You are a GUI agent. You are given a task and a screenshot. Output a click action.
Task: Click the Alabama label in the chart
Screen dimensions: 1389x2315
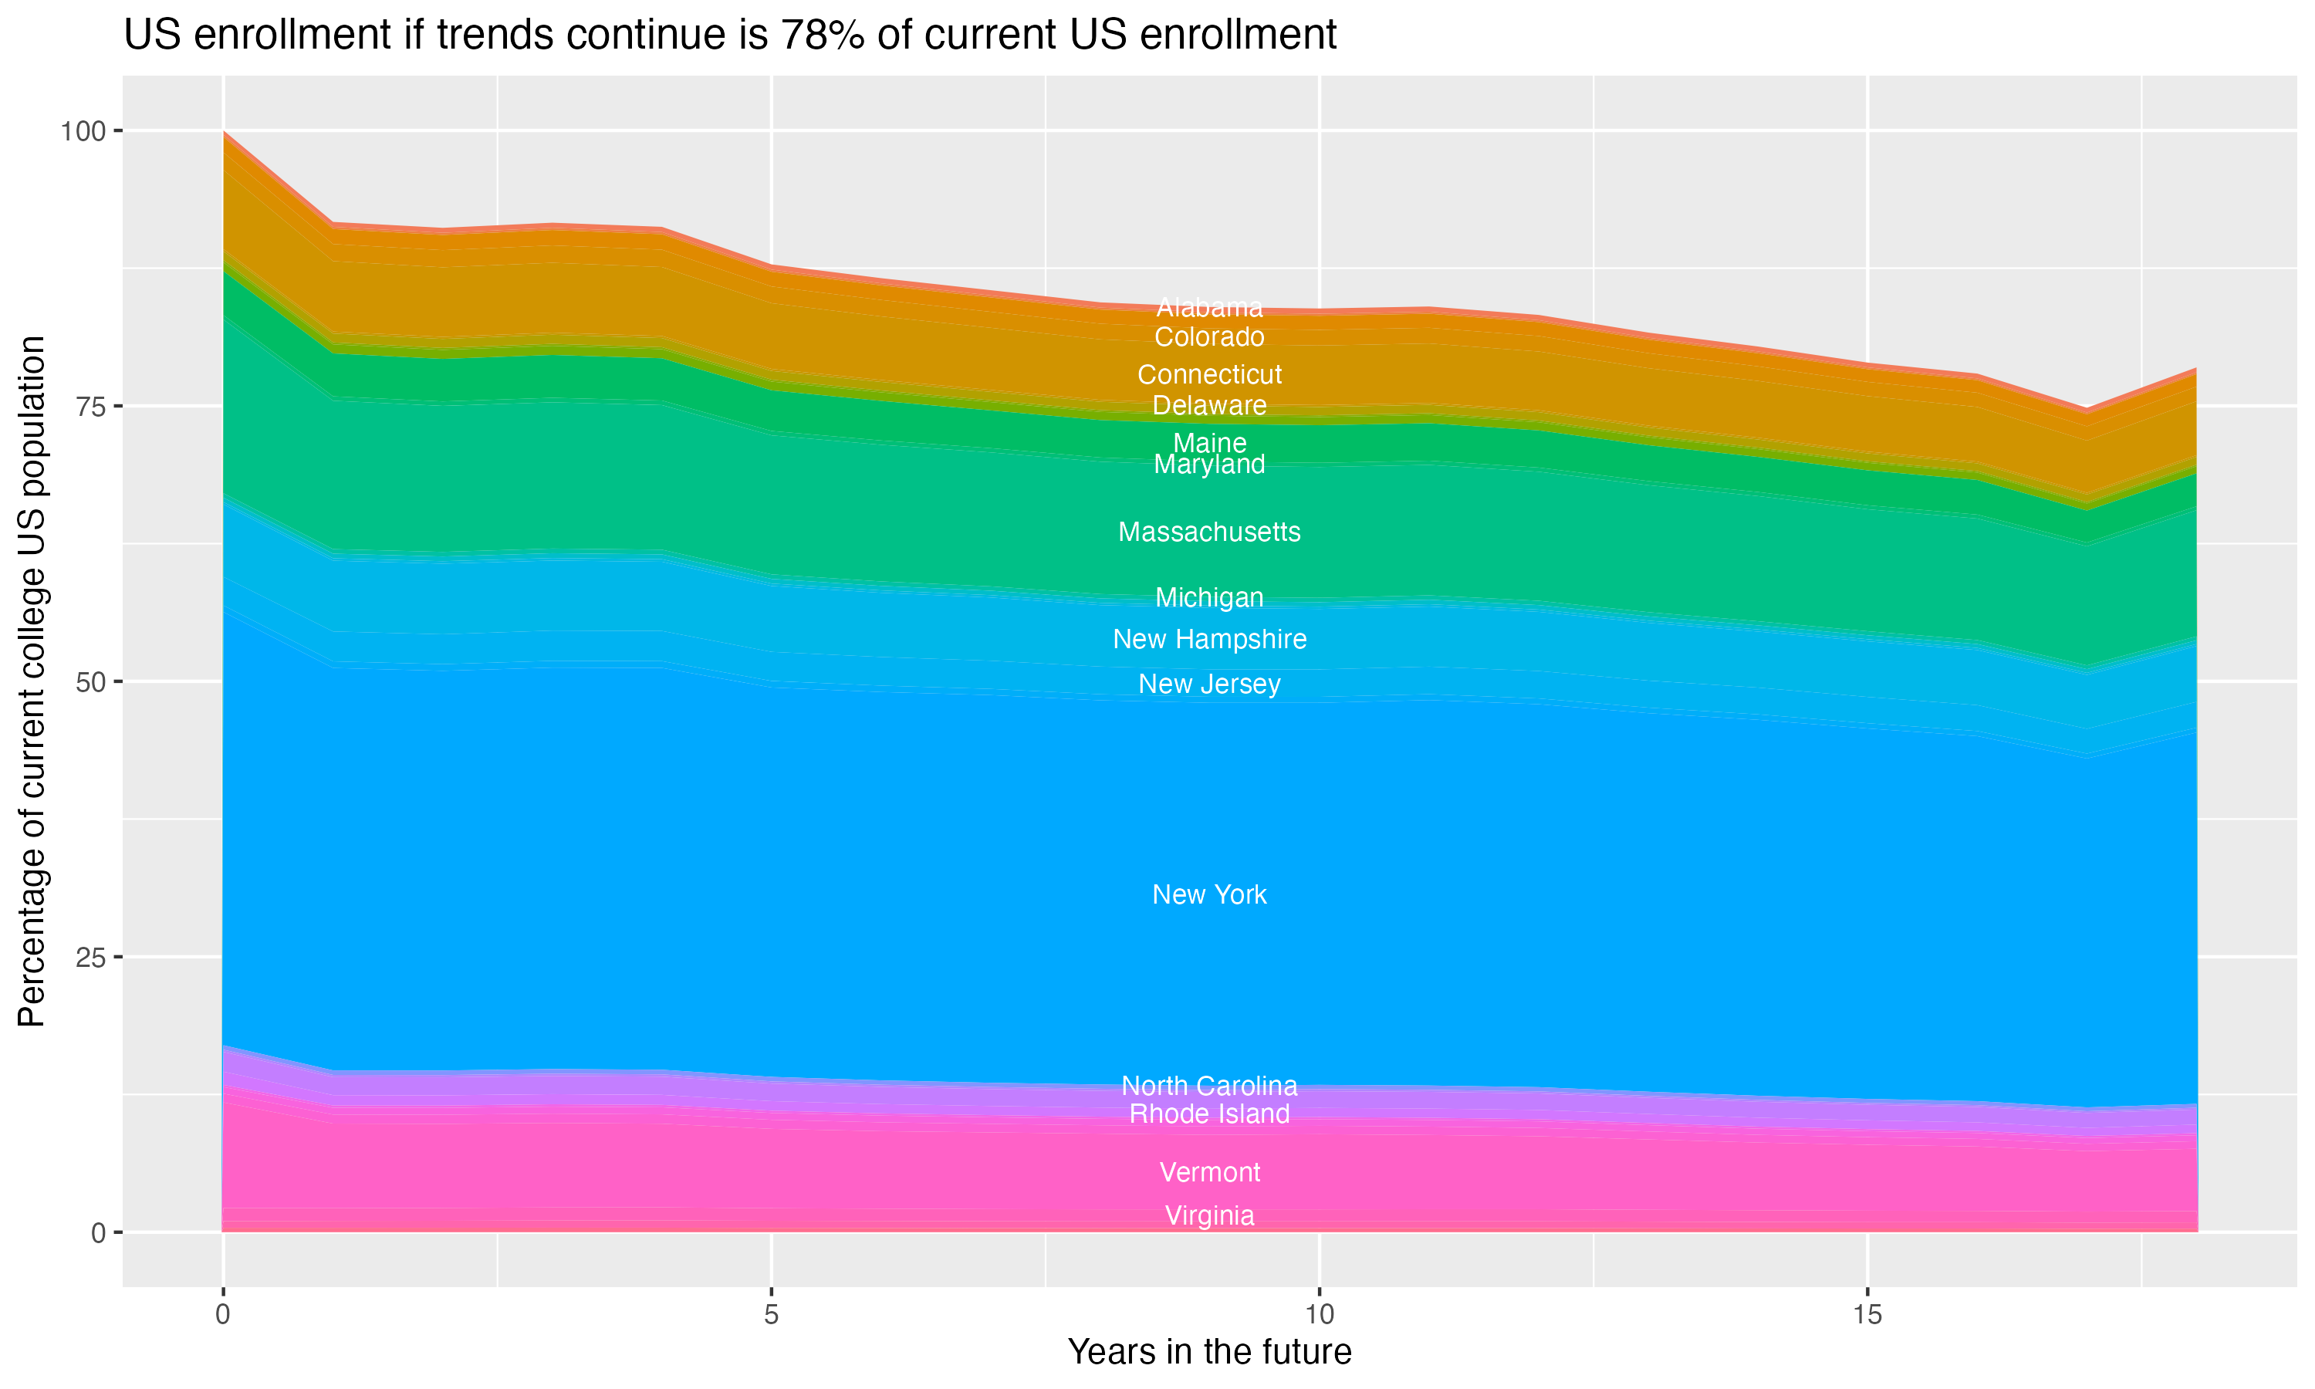click(x=1209, y=307)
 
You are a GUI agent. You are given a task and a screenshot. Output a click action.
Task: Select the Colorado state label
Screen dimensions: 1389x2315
click(x=1209, y=337)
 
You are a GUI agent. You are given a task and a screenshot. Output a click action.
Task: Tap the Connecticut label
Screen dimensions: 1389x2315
click(x=1209, y=374)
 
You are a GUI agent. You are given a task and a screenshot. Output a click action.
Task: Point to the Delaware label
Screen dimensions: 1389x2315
click(x=1209, y=405)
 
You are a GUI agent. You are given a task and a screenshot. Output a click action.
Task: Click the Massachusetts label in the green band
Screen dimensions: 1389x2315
click(x=1209, y=532)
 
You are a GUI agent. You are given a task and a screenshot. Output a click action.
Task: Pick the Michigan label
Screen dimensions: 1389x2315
click(x=1209, y=597)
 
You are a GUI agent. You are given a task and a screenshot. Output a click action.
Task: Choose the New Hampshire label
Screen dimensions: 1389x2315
click(x=1209, y=639)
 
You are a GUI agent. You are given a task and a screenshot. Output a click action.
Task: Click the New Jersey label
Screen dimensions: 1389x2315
click(x=1209, y=684)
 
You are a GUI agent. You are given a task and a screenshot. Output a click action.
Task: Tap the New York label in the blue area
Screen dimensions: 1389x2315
click(x=1209, y=895)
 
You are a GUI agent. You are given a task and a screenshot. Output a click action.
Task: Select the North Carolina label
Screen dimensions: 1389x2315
click(x=1209, y=1086)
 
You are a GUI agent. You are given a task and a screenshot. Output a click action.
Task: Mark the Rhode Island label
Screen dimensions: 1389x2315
click(x=1209, y=1114)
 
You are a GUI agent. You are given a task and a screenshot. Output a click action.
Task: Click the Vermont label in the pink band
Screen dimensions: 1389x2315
click(x=1209, y=1173)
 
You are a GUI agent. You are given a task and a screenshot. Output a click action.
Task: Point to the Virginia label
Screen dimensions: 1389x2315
click(x=1209, y=1216)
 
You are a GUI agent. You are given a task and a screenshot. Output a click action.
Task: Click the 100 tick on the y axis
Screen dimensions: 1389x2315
click(x=83, y=131)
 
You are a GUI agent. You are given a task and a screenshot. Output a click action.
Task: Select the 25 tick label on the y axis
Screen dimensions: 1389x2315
click(x=90, y=958)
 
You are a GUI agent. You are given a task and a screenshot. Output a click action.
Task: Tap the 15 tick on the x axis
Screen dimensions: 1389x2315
click(x=1867, y=1315)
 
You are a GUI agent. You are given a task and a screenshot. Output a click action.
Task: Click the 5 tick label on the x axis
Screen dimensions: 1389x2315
click(x=771, y=1315)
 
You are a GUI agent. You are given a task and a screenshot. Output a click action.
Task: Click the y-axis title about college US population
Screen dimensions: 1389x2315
click(x=32, y=681)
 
